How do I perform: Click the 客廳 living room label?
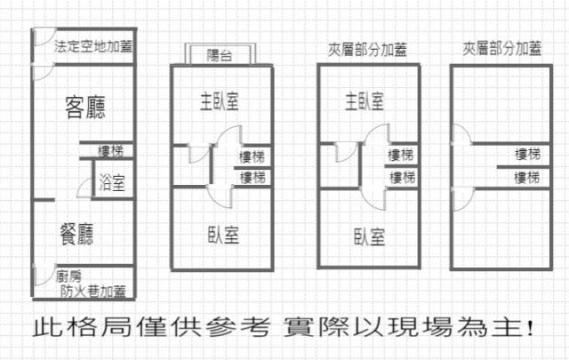tap(85, 108)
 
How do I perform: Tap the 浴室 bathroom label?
tap(112, 184)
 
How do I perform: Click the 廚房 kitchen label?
tap(69, 276)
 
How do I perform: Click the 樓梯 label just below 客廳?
tap(111, 150)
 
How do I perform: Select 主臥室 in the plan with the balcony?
tap(218, 100)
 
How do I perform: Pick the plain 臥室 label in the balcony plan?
tap(221, 236)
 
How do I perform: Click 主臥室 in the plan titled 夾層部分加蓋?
tap(365, 100)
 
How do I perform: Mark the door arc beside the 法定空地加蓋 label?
tap(41, 40)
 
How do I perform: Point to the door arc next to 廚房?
tap(40, 276)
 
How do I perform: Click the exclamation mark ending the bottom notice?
tap(531, 329)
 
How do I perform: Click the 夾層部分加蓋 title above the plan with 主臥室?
tap(367, 50)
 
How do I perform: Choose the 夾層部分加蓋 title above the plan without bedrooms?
tap(501, 50)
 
